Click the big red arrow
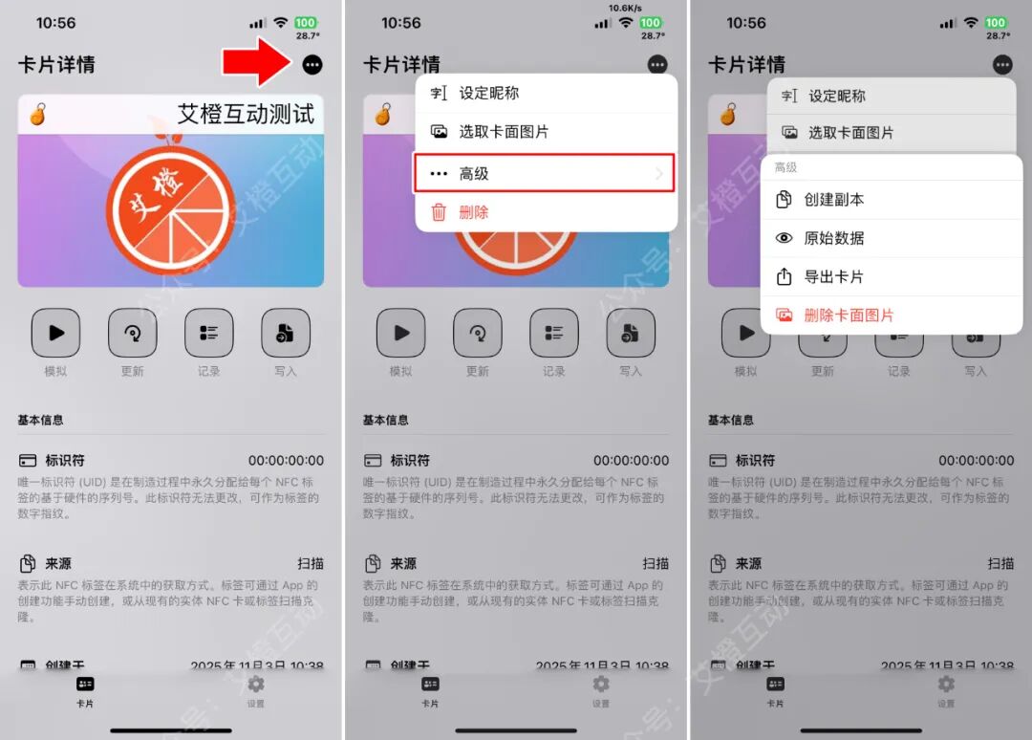point(256,63)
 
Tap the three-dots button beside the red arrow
point(312,65)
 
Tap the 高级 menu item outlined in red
point(545,173)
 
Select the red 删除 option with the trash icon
point(473,212)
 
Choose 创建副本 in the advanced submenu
point(833,200)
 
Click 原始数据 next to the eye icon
point(833,238)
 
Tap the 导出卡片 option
point(833,276)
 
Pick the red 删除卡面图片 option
point(849,315)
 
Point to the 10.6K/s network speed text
point(624,8)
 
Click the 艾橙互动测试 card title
point(246,114)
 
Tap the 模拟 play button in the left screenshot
point(55,333)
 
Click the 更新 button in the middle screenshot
point(478,333)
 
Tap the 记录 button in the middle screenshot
point(554,333)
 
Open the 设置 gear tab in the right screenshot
point(946,689)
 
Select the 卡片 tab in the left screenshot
point(85,689)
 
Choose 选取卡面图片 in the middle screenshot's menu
point(504,132)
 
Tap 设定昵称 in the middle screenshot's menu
point(489,93)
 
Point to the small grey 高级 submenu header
point(785,167)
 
